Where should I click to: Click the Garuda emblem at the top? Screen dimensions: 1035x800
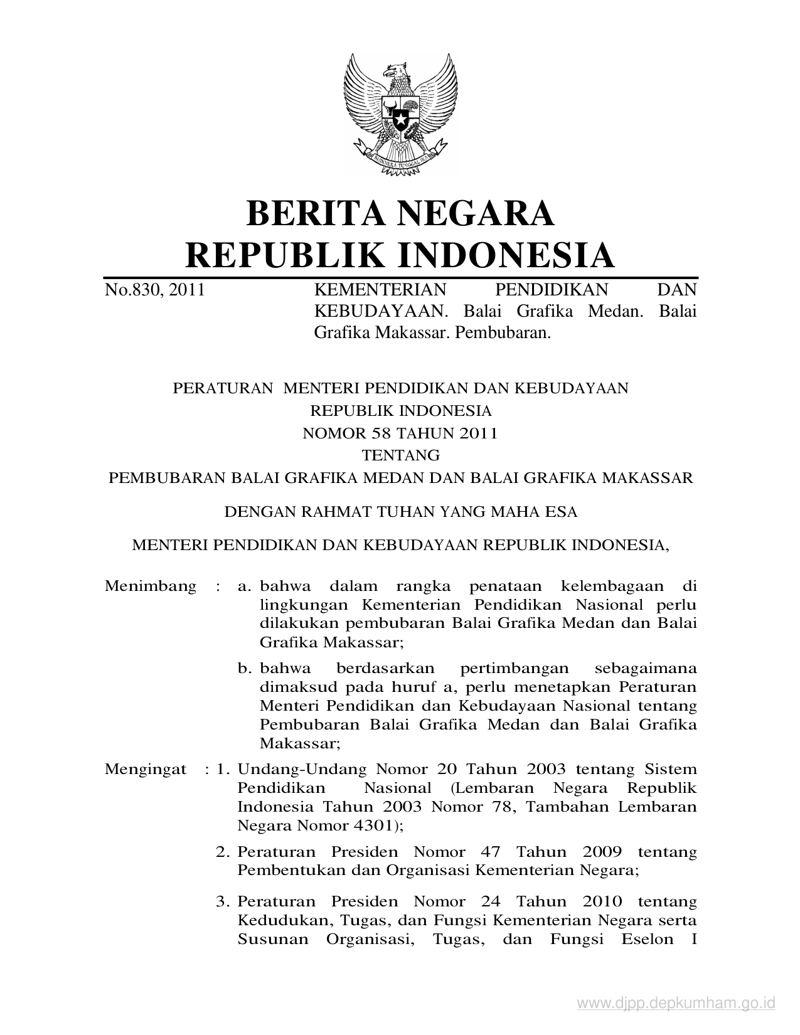tap(400, 113)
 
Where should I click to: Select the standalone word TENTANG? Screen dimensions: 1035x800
tap(400, 455)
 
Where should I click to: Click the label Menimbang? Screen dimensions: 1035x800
tap(151, 586)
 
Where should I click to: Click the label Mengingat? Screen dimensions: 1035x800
tap(146, 769)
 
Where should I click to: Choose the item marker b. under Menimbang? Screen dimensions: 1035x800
tap(245, 668)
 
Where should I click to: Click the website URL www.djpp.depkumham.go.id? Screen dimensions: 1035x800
tap(676, 1004)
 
